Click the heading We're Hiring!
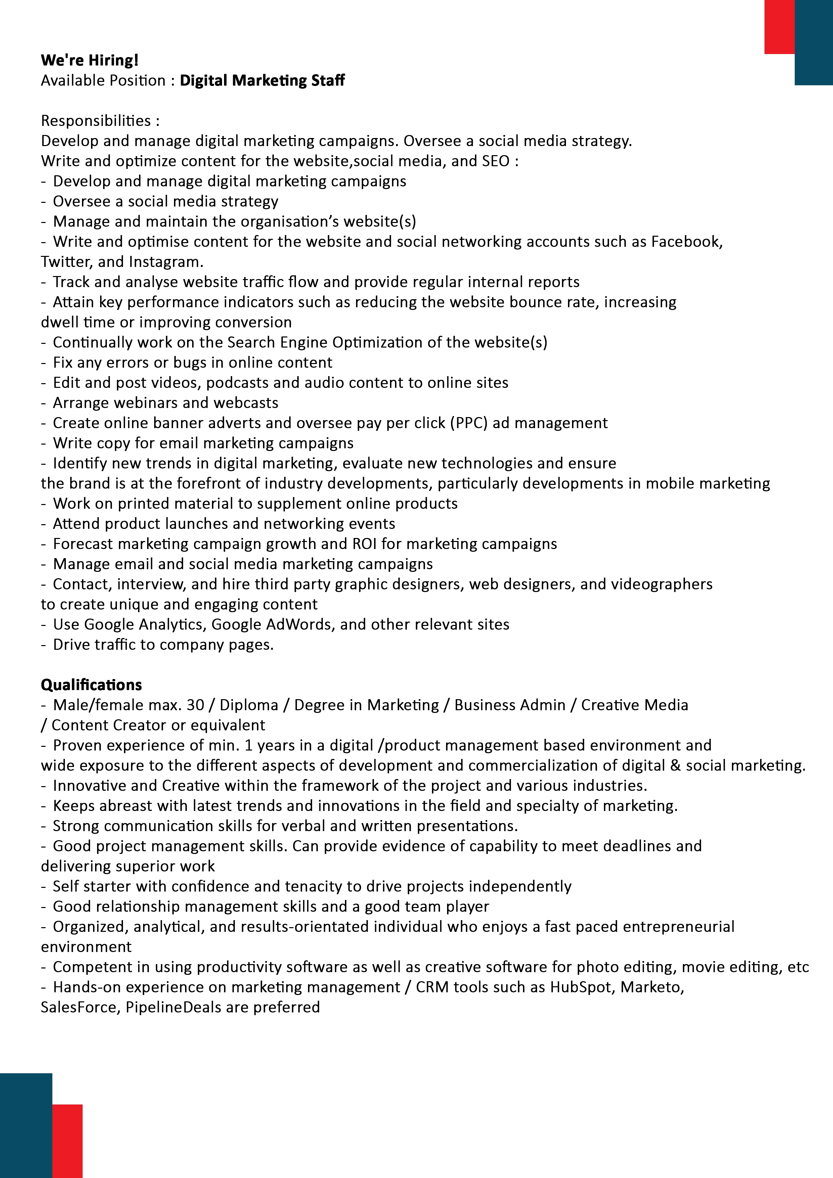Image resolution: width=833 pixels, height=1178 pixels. [x=90, y=60]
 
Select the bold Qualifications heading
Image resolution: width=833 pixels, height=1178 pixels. [x=91, y=685]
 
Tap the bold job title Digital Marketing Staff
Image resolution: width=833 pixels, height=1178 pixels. [x=262, y=81]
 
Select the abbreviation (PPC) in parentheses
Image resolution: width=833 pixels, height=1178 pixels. [x=469, y=423]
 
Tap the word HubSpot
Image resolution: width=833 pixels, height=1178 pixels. [x=582, y=987]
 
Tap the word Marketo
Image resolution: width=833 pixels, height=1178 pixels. [x=651, y=987]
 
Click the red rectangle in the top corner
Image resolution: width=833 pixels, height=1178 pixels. [x=779, y=27]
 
